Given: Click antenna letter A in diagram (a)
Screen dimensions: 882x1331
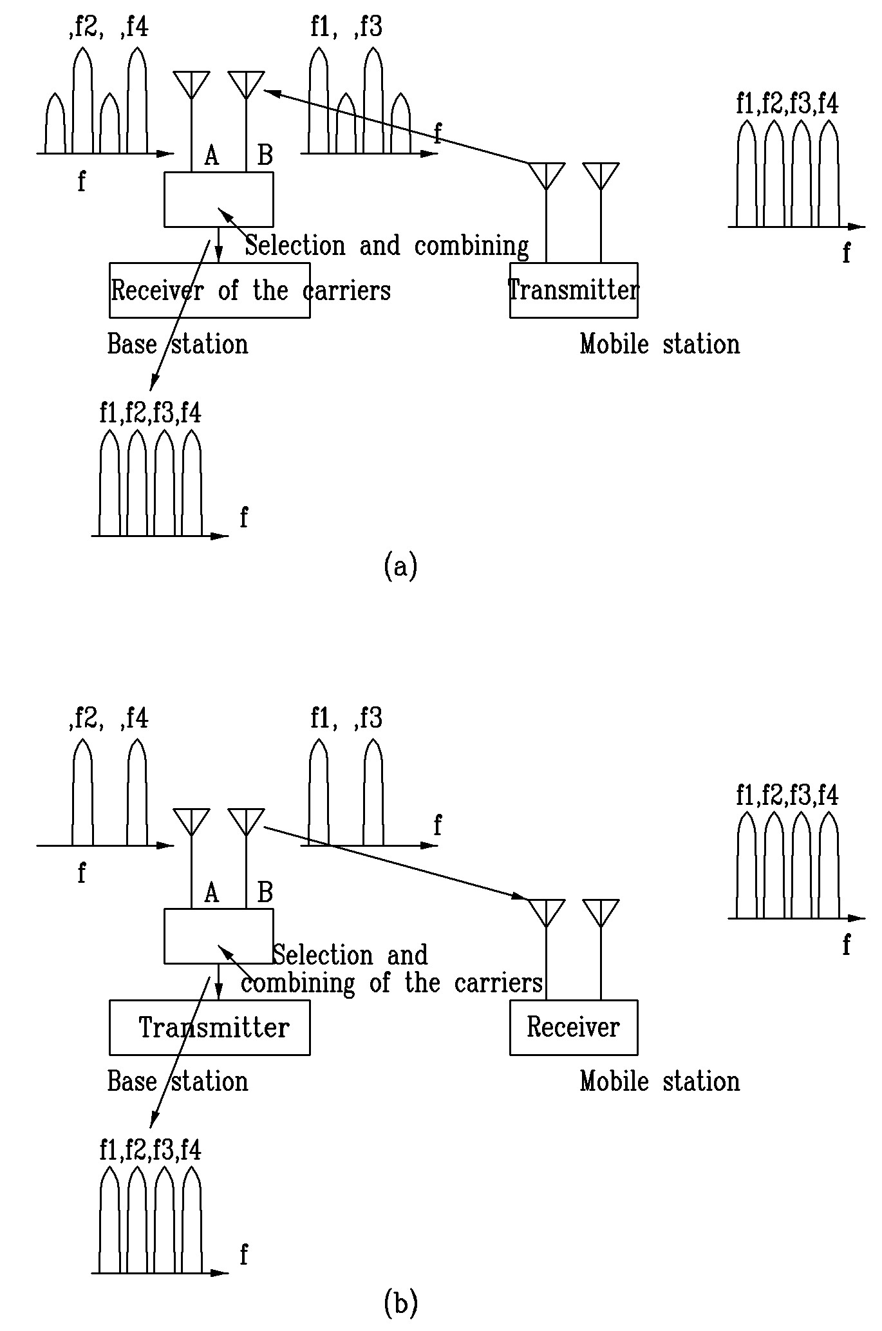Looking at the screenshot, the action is pos(211,155).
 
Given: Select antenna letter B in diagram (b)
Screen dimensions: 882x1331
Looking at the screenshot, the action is pos(265,892).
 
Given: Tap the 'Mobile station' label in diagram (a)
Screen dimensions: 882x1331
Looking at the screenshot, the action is pos(660,344).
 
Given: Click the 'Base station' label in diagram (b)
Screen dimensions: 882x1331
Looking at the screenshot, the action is pos(178,1081).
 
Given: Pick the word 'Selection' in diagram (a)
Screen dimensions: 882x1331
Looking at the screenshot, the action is pos(296,245).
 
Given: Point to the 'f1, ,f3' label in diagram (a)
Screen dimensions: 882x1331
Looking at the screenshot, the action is pos(346,28).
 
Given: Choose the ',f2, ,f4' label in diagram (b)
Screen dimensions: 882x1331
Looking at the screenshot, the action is pos(108,718).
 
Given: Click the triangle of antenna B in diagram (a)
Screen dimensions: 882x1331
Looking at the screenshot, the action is pos(246,84).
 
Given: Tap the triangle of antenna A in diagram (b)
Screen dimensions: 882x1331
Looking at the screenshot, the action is pos(191,821).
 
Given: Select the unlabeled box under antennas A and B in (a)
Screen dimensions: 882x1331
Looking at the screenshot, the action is pos(219,199).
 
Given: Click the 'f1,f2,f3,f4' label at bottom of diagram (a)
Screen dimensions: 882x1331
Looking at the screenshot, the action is pos(150,412).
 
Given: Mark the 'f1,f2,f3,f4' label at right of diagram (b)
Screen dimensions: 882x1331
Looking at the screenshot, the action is pos(787,796).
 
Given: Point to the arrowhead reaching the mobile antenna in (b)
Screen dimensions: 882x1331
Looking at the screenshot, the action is pos(519,896).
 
